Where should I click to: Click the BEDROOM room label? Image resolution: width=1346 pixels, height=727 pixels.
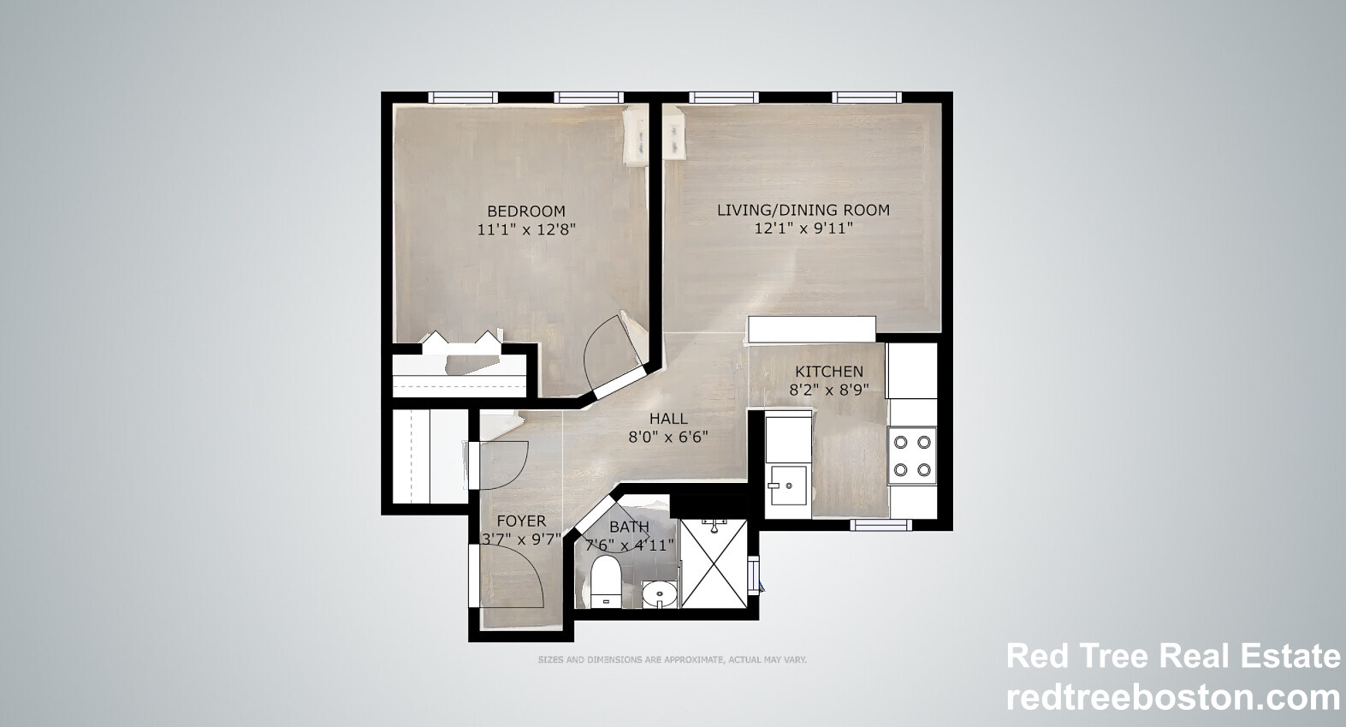[525, 211]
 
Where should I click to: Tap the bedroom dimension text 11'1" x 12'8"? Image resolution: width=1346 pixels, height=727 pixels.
[526, 229]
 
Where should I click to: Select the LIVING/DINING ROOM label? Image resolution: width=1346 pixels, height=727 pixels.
[803, 210]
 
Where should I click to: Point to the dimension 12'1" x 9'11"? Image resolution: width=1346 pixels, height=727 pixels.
[804, 228]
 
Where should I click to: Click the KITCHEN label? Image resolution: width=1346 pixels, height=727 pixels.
[829, 372]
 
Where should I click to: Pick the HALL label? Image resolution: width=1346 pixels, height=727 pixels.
[668, 419]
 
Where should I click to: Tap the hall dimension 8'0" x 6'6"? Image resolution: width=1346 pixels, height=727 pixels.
[668, 437]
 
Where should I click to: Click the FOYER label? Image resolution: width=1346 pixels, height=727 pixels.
[522, 521]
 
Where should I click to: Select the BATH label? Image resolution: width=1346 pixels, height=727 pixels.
[629, 527]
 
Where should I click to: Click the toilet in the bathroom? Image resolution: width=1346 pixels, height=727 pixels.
[605, 581]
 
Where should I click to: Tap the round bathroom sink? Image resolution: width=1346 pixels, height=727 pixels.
[659, 595]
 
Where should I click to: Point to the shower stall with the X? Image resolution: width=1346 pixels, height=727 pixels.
[714, 563]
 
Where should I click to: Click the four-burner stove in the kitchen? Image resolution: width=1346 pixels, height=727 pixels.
[911, 456]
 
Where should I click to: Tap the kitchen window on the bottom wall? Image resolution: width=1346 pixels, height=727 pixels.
[881, 525]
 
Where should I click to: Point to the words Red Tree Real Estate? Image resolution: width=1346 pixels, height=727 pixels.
[1173, 656]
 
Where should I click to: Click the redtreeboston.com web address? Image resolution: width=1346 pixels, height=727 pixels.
[1173, 699]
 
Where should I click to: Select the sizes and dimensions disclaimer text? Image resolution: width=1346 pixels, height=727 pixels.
[673, 659]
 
